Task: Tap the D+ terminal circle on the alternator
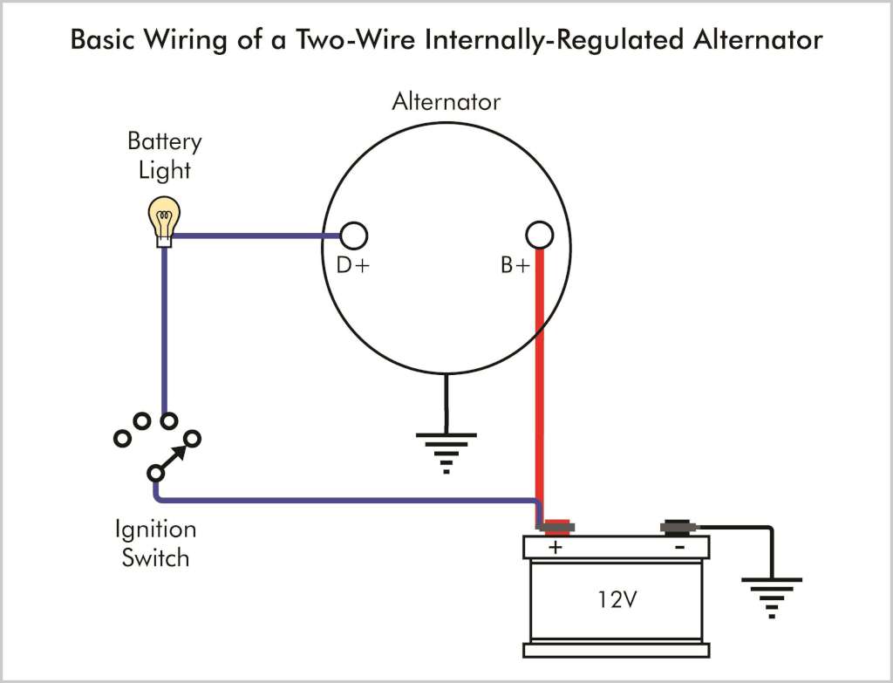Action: (353, 235)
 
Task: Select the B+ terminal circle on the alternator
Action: (540, 235)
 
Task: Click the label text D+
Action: (353, 266)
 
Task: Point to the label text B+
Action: (515, 266)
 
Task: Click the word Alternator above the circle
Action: (446, 102)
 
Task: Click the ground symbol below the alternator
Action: (446, 449)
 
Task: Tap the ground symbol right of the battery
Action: (771, 593)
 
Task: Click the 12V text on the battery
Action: (617, 600)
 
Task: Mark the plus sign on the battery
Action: (555, 548)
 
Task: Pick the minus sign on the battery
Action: (679, 547)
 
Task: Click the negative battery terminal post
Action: (678, 527)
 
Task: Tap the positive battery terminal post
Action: (555, 527)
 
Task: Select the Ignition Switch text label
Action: (155, 543)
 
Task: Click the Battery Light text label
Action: (164, 154)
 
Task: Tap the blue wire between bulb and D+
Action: (253, 235)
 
